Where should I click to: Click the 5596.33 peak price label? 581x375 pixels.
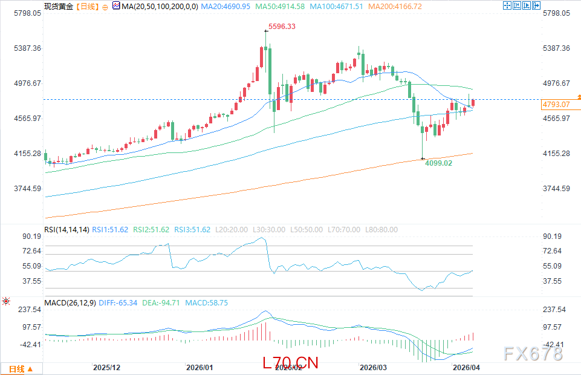[282, 27]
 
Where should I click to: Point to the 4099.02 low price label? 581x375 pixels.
[438, 163]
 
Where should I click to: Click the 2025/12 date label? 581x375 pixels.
[106, 367]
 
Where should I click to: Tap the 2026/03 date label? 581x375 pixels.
[372, 367]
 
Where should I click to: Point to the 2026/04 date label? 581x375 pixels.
[467, 367]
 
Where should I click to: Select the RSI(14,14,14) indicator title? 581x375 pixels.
[67, 230]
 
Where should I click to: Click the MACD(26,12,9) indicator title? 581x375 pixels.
[69, 302]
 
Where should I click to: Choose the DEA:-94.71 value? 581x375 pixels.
[163, 302]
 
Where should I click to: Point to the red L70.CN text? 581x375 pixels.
[290, 362]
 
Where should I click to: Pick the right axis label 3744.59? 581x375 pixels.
[556, 189]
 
